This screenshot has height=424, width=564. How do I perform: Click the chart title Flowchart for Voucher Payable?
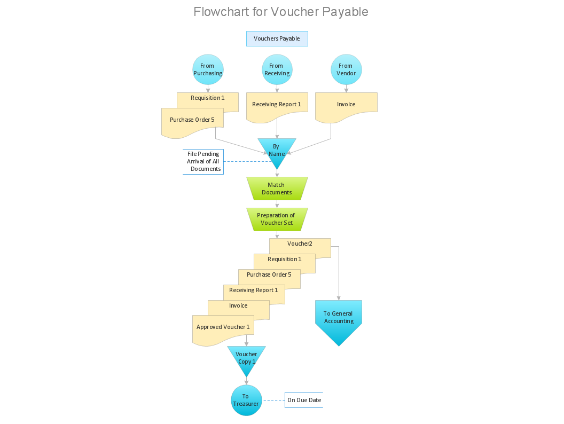[x=281, y=12]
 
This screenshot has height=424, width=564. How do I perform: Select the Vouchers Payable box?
[x=277, y=38]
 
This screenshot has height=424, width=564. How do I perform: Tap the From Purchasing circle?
[x=207, y=69]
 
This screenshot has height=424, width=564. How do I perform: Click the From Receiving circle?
[x=277, y=69]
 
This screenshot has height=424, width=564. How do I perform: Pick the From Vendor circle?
[x=346, y=69]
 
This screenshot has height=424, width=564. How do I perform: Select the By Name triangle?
[x=277, y=150]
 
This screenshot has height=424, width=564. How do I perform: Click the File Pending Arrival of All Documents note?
[x=203, y=161]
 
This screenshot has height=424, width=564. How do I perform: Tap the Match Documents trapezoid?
[x=277, y=189]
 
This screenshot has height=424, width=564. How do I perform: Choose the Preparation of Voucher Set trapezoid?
[x=277, y=219]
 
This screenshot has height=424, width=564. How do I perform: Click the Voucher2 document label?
[x=300, y=244]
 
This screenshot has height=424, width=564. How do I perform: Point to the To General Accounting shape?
[x=339, y=318]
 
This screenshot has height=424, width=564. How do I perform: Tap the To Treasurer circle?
[x=246, y=400]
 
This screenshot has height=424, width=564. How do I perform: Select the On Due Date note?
[x=304, y=400]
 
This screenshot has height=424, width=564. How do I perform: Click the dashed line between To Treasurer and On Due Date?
[x=273, y=400]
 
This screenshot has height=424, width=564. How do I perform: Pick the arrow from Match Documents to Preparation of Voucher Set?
[x=277, y=204]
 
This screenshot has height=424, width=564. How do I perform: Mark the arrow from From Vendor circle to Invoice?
[x=346, y=89]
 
